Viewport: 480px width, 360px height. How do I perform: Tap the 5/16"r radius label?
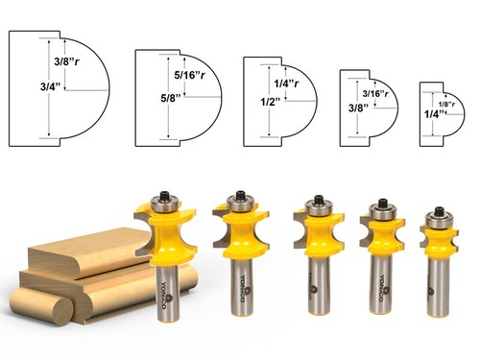pos(189,75)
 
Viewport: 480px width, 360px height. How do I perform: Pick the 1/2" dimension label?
pos(256,102)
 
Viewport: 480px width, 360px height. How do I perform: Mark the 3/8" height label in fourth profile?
pos(355,108)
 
